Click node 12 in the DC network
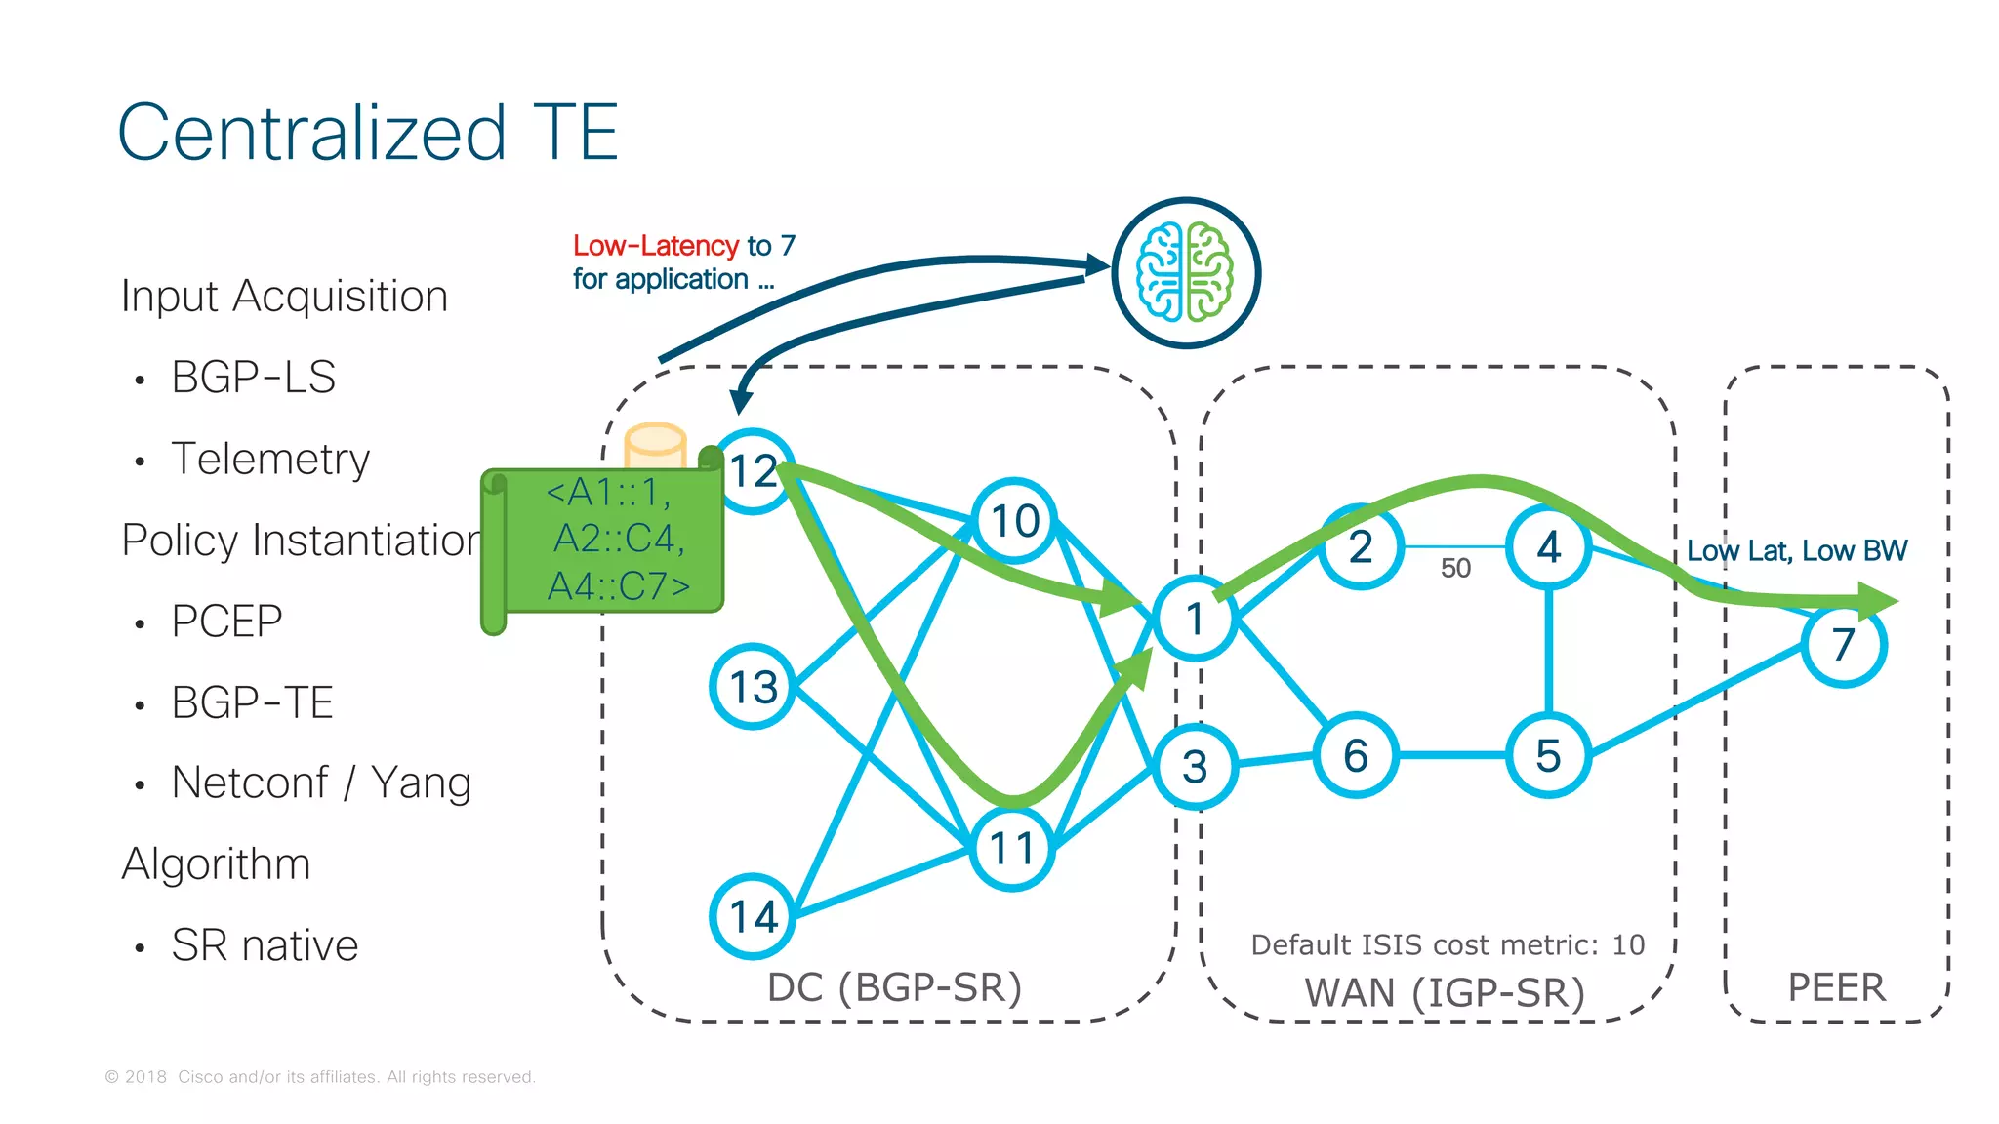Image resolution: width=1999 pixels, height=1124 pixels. point(754,471)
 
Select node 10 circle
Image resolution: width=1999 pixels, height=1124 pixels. point(1015,520)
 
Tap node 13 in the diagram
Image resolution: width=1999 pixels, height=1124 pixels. point(753,686)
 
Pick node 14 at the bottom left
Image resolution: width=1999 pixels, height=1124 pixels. point(753,915)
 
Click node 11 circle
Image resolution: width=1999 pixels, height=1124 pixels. point(1013,848)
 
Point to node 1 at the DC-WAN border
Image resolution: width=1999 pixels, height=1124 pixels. point(1195,619)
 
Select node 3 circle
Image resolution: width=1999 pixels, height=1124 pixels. point(1195,767)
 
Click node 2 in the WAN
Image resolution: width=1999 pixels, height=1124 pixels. point(1361,546)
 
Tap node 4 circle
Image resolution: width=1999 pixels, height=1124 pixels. point(1549,546)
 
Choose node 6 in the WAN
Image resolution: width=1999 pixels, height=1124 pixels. point(1356,755)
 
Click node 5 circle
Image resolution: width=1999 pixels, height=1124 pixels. point(1549,755)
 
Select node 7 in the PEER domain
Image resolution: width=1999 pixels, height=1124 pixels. point(1843,645)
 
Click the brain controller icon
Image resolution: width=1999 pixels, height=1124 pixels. point(1186,273)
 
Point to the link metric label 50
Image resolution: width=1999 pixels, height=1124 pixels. point(1455,568)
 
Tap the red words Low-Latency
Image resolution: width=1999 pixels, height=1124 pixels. point(655,245)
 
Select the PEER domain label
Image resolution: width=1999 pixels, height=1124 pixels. point(1836,987)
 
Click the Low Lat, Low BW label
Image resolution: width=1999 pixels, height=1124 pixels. point(1796,550)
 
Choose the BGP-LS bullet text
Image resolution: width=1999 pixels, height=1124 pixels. point(253,377)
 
